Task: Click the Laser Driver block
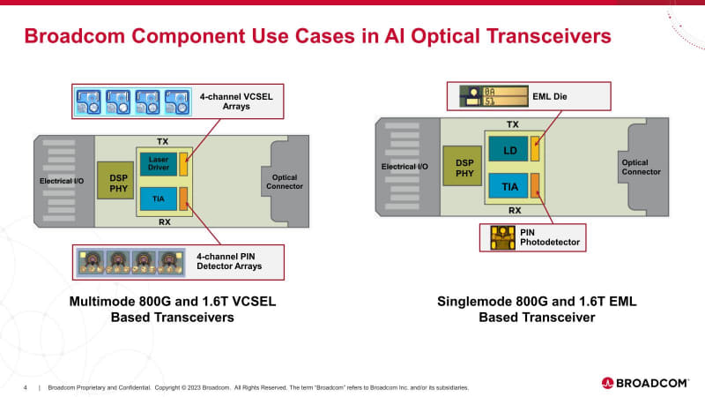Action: tap(158, 163)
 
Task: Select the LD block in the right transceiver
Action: tap(509, 151)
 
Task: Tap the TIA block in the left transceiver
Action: tap(158, 198)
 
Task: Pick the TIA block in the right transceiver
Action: tap(509, 186)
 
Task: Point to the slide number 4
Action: tap(26, 387)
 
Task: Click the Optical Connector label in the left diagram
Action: tap(283, 182)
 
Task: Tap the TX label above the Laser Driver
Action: tap(162, 141)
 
